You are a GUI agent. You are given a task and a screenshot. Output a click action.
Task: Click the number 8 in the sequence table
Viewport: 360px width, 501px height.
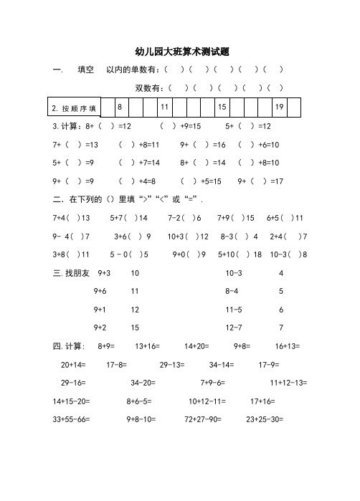coord(120,107)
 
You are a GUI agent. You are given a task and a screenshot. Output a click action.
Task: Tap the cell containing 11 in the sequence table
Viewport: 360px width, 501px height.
coord(164,107)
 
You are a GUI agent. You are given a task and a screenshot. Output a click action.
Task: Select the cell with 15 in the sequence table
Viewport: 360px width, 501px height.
coord(222,107)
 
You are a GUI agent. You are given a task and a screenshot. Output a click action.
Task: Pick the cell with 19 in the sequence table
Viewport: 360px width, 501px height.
coord(280,107)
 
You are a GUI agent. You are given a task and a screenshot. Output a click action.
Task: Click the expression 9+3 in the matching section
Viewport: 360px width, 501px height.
coord(103,273)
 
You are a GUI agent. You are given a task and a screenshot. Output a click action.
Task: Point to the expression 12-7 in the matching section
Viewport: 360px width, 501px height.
coord(233,328)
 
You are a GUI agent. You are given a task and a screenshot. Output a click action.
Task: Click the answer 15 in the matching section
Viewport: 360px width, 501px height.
coord(135,328)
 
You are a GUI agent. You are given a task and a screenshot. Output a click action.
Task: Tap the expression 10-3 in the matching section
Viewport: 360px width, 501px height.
coord(234,273)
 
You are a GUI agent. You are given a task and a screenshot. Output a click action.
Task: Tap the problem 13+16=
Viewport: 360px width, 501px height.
coord(148,346)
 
